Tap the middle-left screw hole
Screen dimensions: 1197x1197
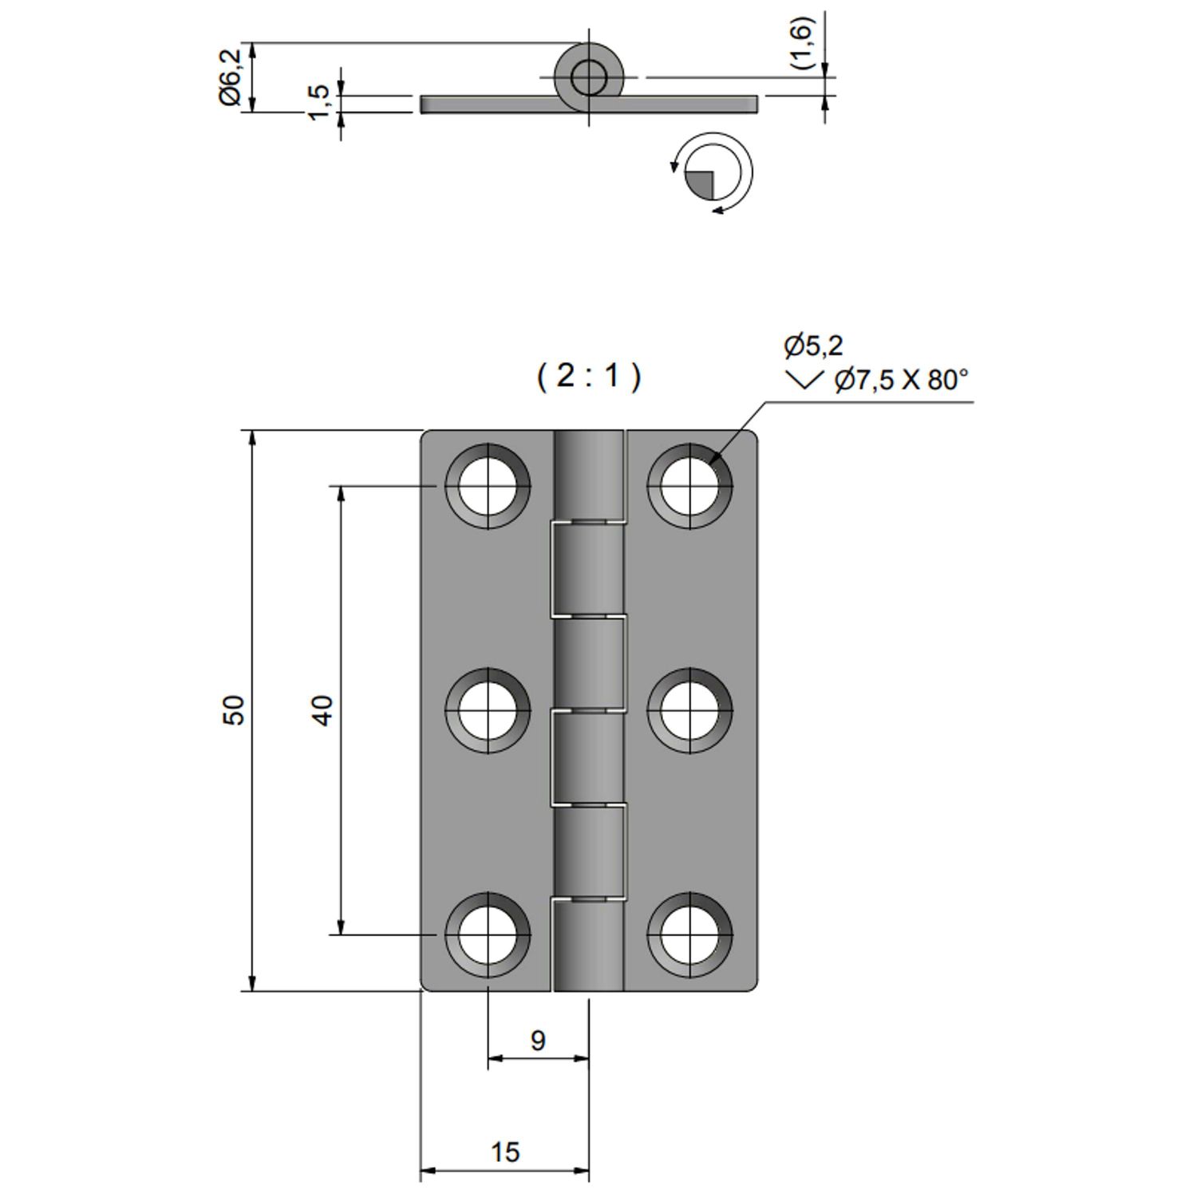click(x=488, y=710)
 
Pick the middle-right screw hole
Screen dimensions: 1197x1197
click(x=689, y=710)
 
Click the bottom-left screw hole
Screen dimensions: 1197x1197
click(x=488, y=934)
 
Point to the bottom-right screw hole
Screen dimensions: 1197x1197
click(x=689, y=934)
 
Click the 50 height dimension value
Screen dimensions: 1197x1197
click(x=234, y=709)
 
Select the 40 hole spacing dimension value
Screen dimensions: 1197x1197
click(x=322, y=709)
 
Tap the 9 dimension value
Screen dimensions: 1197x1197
click(x=538, y=1041)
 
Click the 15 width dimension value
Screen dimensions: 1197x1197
click(x=504, y=1152)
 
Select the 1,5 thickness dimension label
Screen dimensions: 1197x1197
click(x=318, y=102)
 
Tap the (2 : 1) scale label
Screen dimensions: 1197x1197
click(x=588, y=375)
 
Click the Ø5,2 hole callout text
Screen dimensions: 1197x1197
click(x=813, y=346)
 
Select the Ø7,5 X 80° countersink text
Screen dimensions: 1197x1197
click(x=900, y=380)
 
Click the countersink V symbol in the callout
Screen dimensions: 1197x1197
click(x=804, y=380)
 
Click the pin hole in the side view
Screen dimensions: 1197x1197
click(x=589, y=77)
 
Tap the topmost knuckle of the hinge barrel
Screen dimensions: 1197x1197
click(x=589, y=476)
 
